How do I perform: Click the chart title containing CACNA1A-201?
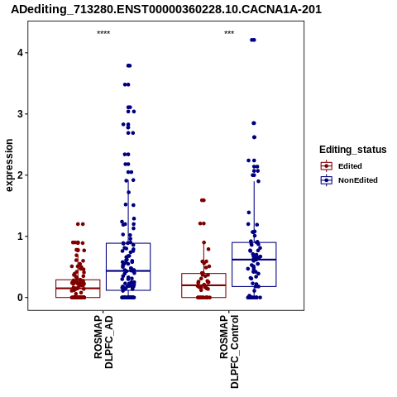(x=166, y=9)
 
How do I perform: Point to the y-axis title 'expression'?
(x=9, y=165)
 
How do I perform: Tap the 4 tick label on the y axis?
(x=20, y=53)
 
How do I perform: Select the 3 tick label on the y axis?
(x=20, y=114)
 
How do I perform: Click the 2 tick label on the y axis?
(x=20, y=175)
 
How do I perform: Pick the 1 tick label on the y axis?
(x=20, y=237)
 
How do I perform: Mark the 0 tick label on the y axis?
(x=20, y=298)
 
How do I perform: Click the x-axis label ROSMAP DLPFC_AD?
(x=103, y=342)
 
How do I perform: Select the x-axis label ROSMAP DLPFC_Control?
(x=229, y=352)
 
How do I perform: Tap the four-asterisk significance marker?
(x=103, y=33)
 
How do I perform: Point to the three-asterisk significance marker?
(x=229, y=33)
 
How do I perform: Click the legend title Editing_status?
(x=353, y=150)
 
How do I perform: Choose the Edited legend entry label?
(x=350, y=166)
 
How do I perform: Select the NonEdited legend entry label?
(x=358, y=180)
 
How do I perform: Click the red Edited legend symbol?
(x=327, y=166)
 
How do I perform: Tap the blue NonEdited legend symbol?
(x=327, y=180)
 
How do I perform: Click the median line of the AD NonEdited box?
(x=128, y=270)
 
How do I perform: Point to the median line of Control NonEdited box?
(x=254, y=260)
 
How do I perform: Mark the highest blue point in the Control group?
(x=253, y=40)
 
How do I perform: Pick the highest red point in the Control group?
(x=203, y=200)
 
